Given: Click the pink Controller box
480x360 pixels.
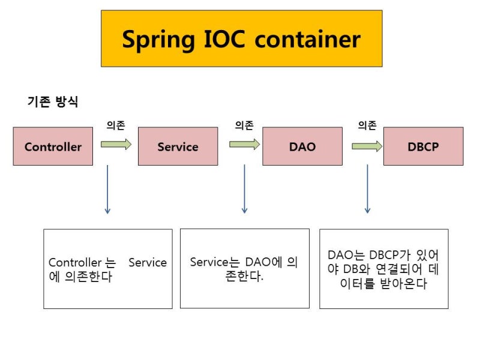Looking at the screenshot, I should [x=53, y=146].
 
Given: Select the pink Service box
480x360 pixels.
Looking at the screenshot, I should [x=178, y=146].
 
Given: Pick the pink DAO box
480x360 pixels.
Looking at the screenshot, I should [x=302, y=146].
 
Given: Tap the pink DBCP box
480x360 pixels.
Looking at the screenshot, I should [x=423, y=146].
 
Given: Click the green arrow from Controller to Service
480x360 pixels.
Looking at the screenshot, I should [x=116, y=144].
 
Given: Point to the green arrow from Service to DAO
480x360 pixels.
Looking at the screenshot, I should [x=244, y=144].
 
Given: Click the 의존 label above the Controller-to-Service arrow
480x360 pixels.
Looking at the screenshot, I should [x=115, y=125].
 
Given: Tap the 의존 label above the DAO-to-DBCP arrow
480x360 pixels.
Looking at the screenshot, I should [x=367, y=125].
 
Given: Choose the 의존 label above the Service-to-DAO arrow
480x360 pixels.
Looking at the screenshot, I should [x=244, y=125].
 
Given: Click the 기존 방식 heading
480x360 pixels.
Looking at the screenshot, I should [x=53, y=101].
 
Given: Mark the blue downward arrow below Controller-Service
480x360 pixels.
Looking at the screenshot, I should [x=107, y=189].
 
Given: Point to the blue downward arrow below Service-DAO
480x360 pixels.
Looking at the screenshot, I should [x=244, y=189].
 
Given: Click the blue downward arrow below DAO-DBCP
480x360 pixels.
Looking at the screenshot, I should [x=367, y=189].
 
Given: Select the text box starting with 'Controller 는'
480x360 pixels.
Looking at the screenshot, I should [x=107, y=269].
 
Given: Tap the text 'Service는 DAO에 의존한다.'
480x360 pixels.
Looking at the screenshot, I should [x=244, y=269].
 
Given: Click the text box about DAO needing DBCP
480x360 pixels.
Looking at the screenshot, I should [x=383, y=269].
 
